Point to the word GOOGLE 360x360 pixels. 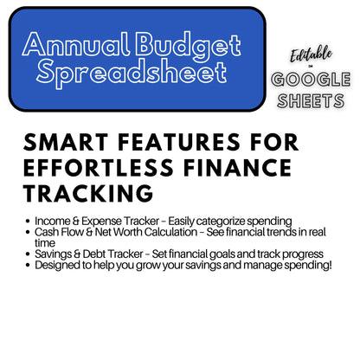coord(311,80)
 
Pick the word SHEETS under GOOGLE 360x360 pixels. coord(311,102)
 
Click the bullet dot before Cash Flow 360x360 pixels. coord(29,233)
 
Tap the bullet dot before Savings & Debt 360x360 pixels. coord(29,254)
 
